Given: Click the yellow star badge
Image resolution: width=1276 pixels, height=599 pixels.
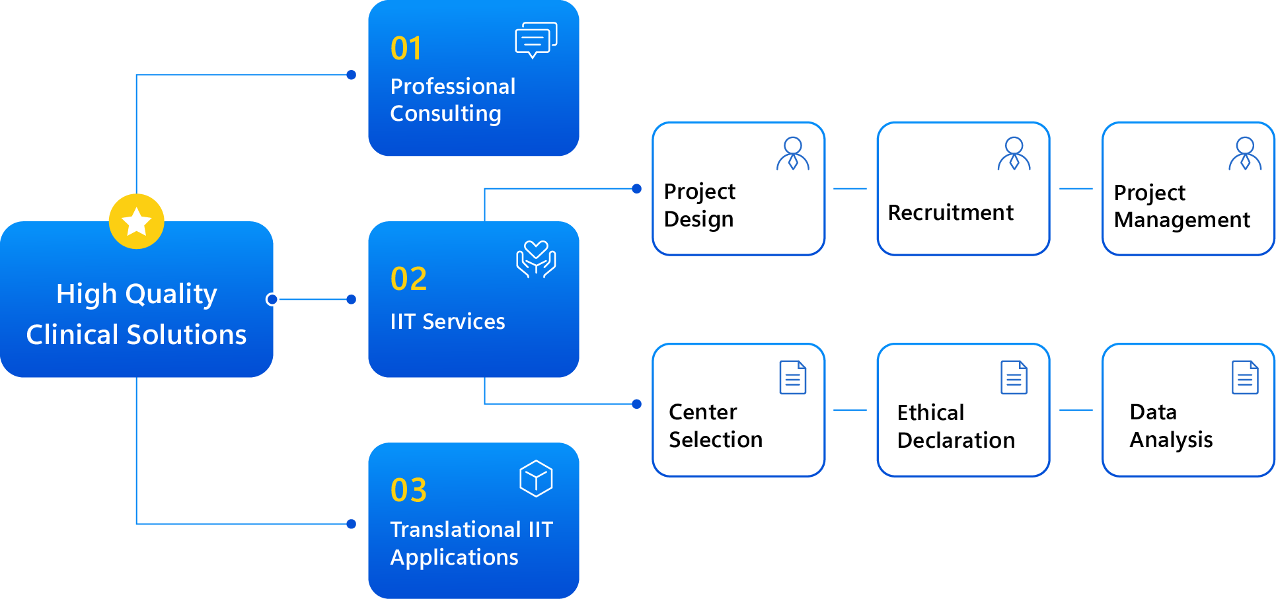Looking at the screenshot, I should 136,221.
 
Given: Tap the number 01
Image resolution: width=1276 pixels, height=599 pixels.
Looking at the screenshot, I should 406,48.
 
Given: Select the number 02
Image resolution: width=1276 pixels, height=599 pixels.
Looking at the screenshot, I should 408,279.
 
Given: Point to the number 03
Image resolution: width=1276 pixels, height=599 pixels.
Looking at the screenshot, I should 408,490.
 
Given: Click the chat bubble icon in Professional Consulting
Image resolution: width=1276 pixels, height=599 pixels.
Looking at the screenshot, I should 535,40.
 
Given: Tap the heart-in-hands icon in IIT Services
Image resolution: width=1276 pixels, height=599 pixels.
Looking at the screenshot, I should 536,259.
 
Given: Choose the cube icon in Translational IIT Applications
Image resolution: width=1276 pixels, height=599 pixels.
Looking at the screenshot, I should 536,478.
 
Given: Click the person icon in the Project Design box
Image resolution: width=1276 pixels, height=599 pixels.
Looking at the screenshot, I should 792,154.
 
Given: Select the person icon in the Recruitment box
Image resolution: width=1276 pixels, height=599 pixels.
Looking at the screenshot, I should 1014,154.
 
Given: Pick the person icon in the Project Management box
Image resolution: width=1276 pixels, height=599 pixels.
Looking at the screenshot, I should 1245,154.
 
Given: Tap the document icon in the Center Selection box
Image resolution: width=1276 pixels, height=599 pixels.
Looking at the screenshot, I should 792,377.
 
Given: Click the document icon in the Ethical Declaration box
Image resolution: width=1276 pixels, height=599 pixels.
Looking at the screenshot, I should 1014,377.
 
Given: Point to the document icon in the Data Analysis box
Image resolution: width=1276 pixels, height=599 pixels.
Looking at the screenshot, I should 1245,377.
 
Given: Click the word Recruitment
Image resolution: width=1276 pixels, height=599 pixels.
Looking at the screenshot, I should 950,213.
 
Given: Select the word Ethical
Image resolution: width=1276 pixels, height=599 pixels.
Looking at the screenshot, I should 930,413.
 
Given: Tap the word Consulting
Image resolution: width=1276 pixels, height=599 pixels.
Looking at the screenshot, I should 445,114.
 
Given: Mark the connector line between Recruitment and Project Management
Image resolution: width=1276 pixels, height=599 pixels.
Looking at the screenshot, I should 1076,189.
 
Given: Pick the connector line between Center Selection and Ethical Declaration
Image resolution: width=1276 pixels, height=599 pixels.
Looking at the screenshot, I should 850,410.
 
